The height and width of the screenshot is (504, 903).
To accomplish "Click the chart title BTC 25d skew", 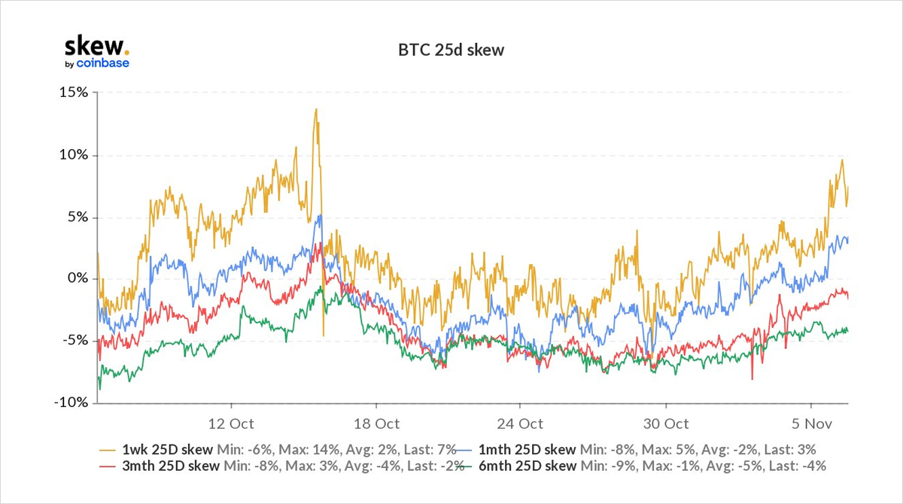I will (451, 51).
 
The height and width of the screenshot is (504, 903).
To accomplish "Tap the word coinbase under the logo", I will (103, 63).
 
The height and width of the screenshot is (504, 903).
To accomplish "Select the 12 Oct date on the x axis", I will (230, 424).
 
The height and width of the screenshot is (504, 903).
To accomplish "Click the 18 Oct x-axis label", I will (376, 424).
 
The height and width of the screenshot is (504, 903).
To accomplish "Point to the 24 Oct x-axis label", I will (520, 424).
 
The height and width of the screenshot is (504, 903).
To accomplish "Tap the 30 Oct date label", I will (666, 424).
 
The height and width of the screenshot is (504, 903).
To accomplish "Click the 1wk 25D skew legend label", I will (167, 449).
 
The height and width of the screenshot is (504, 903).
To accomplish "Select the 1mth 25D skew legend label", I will (527, 449).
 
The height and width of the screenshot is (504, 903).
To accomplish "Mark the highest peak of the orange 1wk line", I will (316, 109).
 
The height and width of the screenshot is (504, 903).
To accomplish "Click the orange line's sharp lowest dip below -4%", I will (323, 335).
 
